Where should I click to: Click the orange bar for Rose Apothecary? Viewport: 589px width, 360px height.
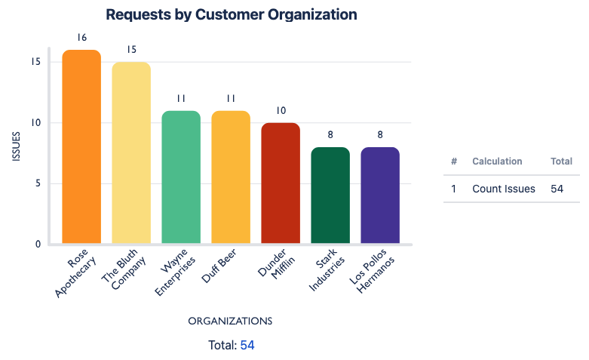[81, 147]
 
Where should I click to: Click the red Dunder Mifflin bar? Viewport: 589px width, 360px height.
[281, 183]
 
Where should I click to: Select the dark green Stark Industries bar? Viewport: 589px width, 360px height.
[330, 195]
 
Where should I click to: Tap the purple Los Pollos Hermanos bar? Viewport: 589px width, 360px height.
[380, 195]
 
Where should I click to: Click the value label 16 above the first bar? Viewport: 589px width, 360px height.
[81, 37]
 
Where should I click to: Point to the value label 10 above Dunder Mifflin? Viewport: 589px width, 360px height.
[281, 110]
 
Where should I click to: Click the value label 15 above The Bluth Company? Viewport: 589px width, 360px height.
[131, 50]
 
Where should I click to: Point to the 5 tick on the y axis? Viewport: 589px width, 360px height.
[37, 183]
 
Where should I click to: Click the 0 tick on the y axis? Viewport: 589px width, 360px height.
[37, 244]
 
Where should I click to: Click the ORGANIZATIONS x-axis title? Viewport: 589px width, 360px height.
[230, 321]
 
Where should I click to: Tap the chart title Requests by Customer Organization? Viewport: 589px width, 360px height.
[232, 14]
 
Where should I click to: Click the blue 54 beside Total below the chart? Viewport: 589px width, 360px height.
[247, 345]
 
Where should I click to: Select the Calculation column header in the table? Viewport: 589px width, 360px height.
[497, 162]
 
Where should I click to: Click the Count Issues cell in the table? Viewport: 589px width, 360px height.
[503, 189]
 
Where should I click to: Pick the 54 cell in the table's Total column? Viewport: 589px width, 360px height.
[557, 189]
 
